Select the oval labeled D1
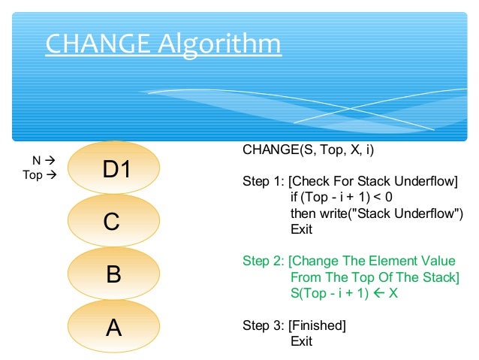click(114, 170)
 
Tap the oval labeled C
click(114, 221)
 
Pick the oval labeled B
click(114, 273)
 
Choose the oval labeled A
click(114, 327)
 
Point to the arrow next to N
click(50, 160)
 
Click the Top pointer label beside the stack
click(33, 175)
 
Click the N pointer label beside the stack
click(36, 160)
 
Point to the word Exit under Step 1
click(301, 229)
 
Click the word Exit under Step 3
click(301, 341)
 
